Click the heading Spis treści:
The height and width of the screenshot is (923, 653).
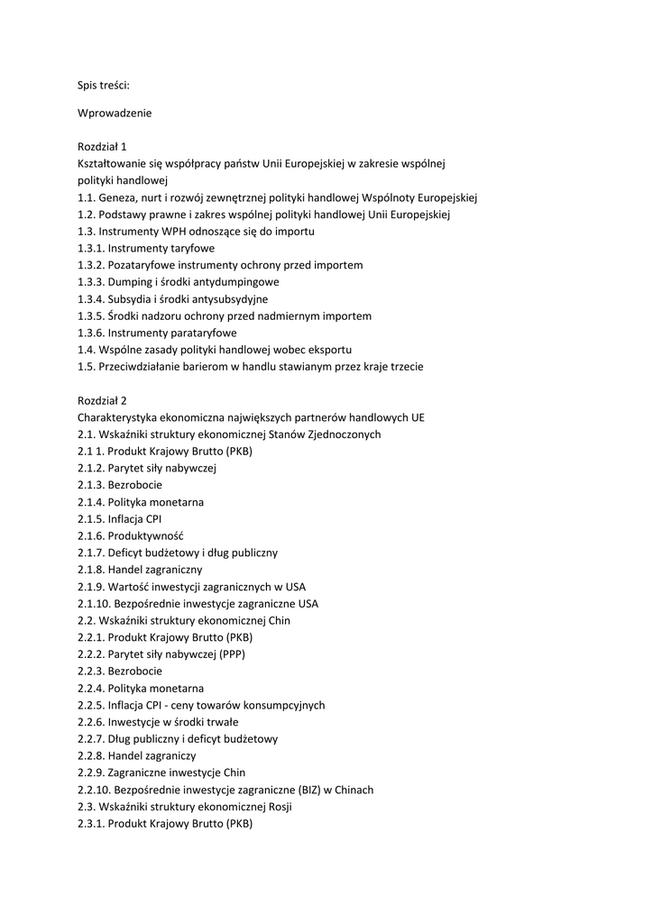coord(104,86)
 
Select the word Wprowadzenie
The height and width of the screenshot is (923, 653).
coord(115,113)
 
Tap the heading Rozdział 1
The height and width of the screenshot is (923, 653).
coord(102,146)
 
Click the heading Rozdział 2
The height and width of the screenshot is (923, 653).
coord(102,400)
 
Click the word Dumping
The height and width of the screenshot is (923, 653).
coord(131,282)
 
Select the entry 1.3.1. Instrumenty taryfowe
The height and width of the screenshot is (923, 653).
coord(146,248)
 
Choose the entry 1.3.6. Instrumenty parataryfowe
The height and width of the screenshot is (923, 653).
coord(157,333)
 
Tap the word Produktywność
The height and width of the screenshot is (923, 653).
coord(145,535)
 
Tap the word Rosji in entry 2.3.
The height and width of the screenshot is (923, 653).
coord(276,807)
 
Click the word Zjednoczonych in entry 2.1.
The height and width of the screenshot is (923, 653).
coord(345,434)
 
